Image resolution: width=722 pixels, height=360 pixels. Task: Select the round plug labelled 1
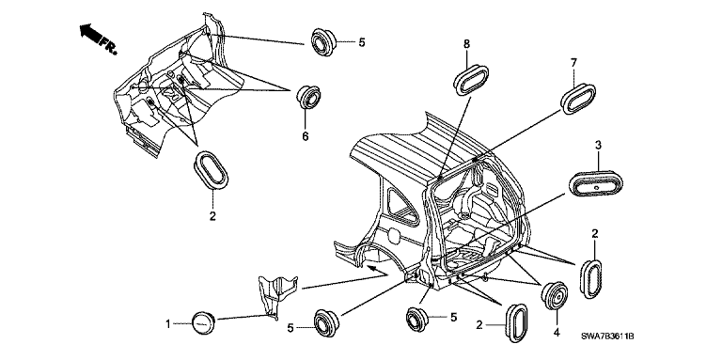click(203, 321)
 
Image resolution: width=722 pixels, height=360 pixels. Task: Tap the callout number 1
click(168, 324)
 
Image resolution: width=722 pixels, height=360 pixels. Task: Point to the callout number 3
click(598, 146)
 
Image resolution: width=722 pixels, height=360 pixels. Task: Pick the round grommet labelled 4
click(554, 295)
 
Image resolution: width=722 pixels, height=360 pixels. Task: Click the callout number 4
click(557, 332)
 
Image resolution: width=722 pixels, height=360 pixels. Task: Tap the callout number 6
click(306, 136)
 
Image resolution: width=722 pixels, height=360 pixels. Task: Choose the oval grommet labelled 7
click(578, 99)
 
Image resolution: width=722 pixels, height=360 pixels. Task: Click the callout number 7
click(573, 63)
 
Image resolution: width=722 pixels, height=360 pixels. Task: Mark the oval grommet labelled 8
click(471, 80)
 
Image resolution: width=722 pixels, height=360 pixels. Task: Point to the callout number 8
click(466, 44)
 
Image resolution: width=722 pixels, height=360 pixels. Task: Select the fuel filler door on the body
click(394, 234)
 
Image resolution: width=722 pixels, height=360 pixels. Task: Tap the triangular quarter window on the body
click(401, 206)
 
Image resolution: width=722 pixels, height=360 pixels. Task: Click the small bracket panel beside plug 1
click(277, 293)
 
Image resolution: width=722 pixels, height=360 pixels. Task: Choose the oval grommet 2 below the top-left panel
click(212, 169)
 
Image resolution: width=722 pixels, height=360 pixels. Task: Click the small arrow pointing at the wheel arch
click(377, 270)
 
